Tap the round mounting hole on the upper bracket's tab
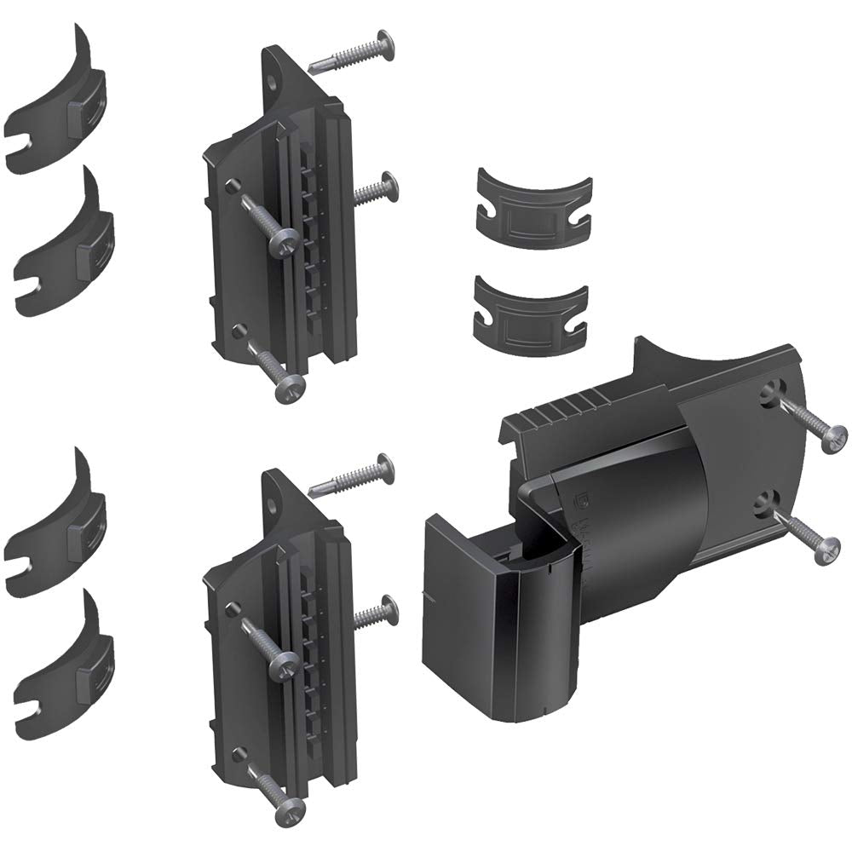click(272, 83)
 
